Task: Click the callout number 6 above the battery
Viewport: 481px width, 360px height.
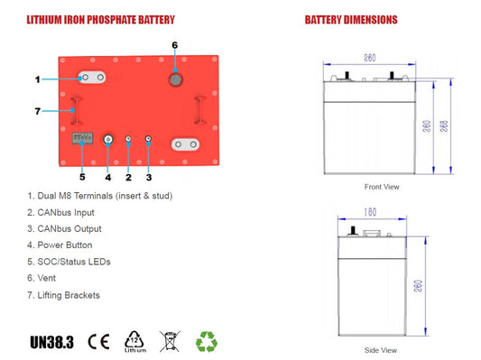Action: pos(174,44)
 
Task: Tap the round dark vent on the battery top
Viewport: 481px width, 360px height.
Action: pos(174,79)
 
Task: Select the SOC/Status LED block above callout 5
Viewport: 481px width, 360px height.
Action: pos(81,140)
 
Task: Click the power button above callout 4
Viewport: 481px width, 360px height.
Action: pos(108,141)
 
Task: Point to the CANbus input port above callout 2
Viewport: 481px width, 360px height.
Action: pos(128,141)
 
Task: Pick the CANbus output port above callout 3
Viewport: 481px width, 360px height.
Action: pos(148,141)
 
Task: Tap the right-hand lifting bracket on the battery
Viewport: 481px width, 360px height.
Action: pos(198,110)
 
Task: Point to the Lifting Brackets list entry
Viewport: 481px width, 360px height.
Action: pos(69,294)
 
